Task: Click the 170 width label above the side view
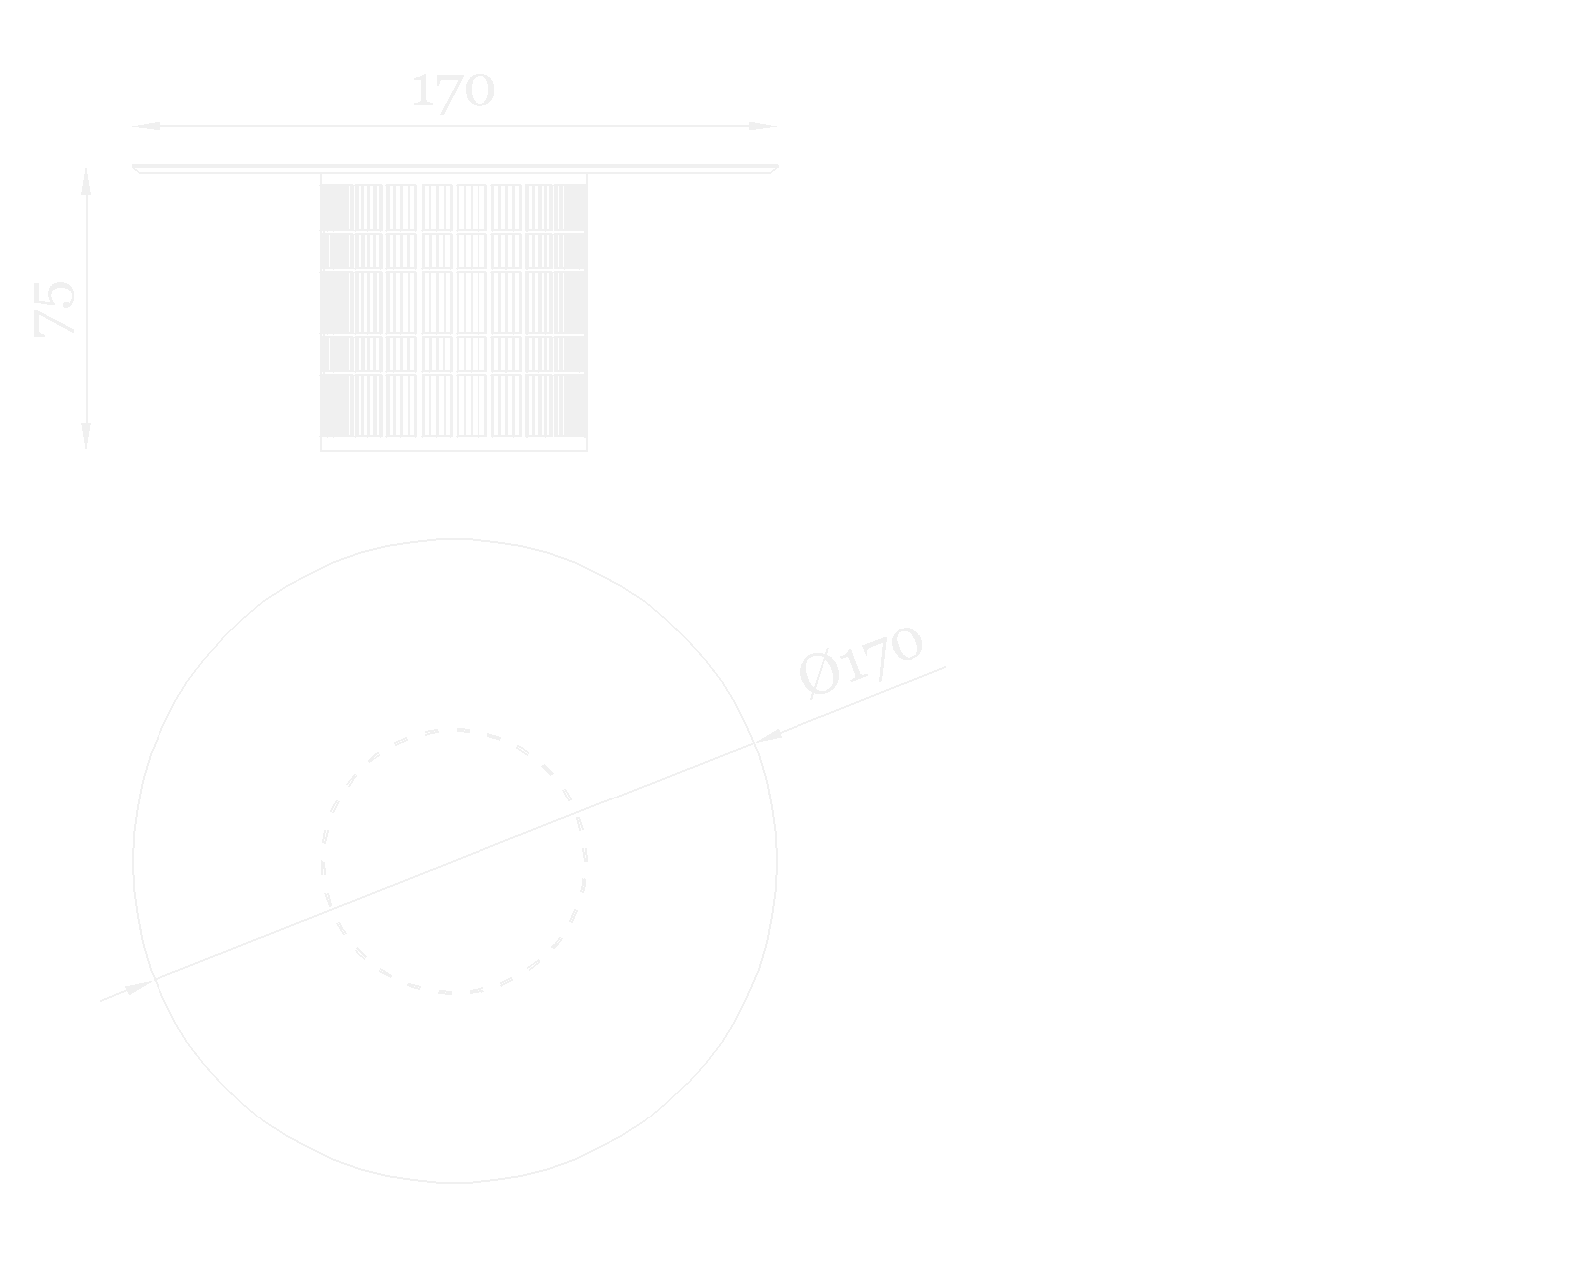[x=454, y=91]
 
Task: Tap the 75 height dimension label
[x=56, y=308]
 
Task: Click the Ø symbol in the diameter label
[x=819, y=674]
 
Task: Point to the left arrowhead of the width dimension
[x=148, y=126]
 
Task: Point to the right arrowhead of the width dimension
[x=762, y=126]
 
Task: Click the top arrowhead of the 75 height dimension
[x=86, y=181]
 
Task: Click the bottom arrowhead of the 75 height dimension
[x=86, y=436]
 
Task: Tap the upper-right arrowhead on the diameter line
[x=767, y=736]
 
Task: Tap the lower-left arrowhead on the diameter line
[x=138, y=988]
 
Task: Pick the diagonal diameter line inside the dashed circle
[x=455, y=861]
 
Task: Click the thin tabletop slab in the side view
[x=455, y=169]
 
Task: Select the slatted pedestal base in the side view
[x=455, y=309]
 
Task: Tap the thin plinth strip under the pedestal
[x=455, y=444]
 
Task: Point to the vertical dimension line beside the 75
[x=86, y=249]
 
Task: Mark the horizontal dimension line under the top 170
[x=299, y=126]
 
